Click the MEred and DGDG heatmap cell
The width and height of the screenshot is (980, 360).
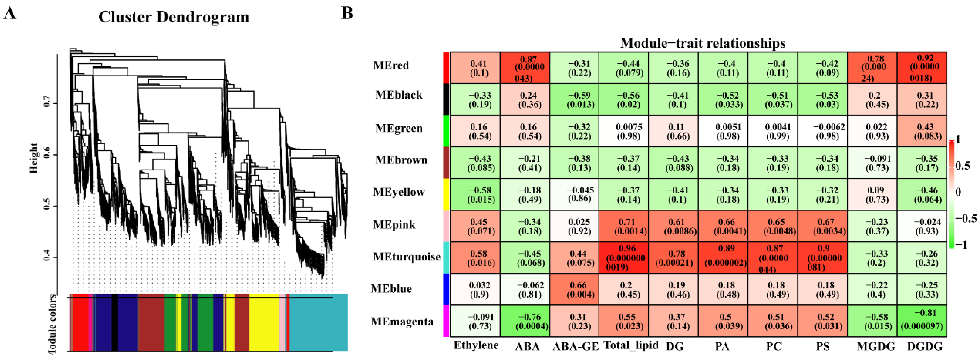[x=922, y=68]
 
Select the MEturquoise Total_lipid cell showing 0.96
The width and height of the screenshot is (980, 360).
[x=624, y=258]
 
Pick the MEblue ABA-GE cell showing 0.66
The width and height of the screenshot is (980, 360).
[x=574, y=289]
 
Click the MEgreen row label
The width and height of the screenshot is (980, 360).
[x=399, y=128]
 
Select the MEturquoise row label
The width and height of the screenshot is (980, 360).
[x=406, y=257]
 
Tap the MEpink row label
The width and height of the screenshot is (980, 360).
[x=394, y=225]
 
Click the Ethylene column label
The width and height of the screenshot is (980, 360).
[x=476, y=345]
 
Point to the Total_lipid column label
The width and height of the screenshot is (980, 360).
[x=631, y=345]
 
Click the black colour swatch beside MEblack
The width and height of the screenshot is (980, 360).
[x=446, y=99]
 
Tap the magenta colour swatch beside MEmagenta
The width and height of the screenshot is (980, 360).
[x=446, y=321]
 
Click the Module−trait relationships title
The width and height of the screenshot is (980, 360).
[x=702, y=43]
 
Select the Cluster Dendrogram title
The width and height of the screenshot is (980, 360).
[x=174, y=17]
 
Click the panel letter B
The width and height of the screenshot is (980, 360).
[x=347, y=13]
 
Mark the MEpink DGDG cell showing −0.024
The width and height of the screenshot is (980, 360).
[x=922, y=226]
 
